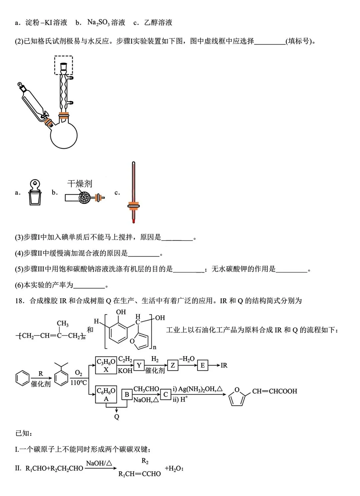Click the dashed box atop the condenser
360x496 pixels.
click(x=64, y=65)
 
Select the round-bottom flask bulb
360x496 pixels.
click(x=64, y=135)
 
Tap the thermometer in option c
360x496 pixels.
click(x=133, y=192)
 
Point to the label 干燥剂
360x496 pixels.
click(x=80, y=184)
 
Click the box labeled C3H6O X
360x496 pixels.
click(x=106, y=365)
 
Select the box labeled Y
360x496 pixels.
click(x=139, y=366)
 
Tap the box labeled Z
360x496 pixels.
click(x=172, y=366)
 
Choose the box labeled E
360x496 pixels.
click(x=202, y=366)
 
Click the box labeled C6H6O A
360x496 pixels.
click(x=106, y=394)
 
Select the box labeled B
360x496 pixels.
click(x=127, y=395)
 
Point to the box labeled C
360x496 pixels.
click(x=165, y=395)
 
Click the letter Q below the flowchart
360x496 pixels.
click(x=117, y=417)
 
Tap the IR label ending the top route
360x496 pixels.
click(x=224, y=366)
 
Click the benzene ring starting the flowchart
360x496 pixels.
click(x=22, y=378)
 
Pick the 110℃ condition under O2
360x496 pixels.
click(x=79, y=383)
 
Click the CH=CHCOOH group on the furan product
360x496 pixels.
click(x=274, y=391)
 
